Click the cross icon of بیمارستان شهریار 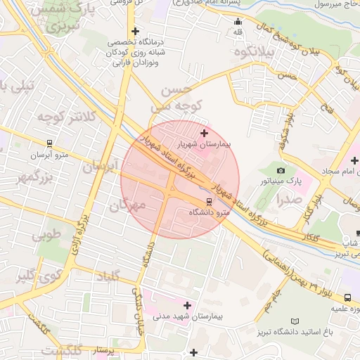205,132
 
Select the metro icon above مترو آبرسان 41,144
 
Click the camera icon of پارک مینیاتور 281,170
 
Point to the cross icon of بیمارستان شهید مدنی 187,305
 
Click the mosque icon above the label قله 238,21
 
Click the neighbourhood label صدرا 290,199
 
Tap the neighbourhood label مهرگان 127,206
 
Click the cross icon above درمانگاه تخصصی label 135,31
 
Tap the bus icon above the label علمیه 348,298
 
